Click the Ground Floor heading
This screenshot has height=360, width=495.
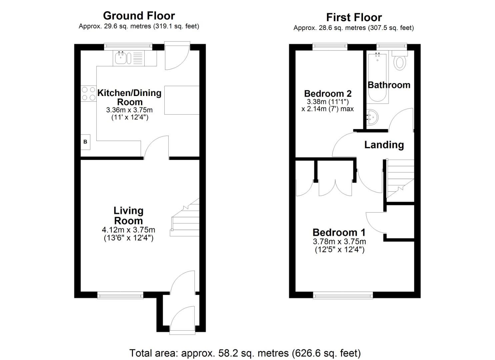pyautogui.click(x=139, y=16)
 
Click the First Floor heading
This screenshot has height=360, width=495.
pyautogui.click(x=354, y=17)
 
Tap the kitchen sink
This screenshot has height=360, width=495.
pyautogui.click(x=121, y=58)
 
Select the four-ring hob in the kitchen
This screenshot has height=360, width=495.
pyautogui.click(x=88, y=93)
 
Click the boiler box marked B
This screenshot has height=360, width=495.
pyautogui.click(x=85, y=142)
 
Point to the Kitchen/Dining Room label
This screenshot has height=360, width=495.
pyautogui.click(x=129, y=97)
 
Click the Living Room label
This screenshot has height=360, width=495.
pyautogui.click(x=128, y=215)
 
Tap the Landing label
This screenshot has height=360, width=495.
pyautogui.click(x=384, y=145)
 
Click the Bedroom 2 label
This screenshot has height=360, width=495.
pyautogui.click(x=328, y=93)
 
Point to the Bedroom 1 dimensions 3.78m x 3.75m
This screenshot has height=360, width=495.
pyautogui.click(x=339, y=242)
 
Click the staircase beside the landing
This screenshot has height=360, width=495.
pyautogui.click(x=399, y=180)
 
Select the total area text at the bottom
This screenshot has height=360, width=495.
pyautogui.click(x=245, y=353)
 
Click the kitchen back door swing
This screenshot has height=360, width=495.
pyautogui.click(x=177, y=57)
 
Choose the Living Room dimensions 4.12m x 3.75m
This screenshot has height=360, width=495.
pyautogui.click(x=128, y=230)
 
